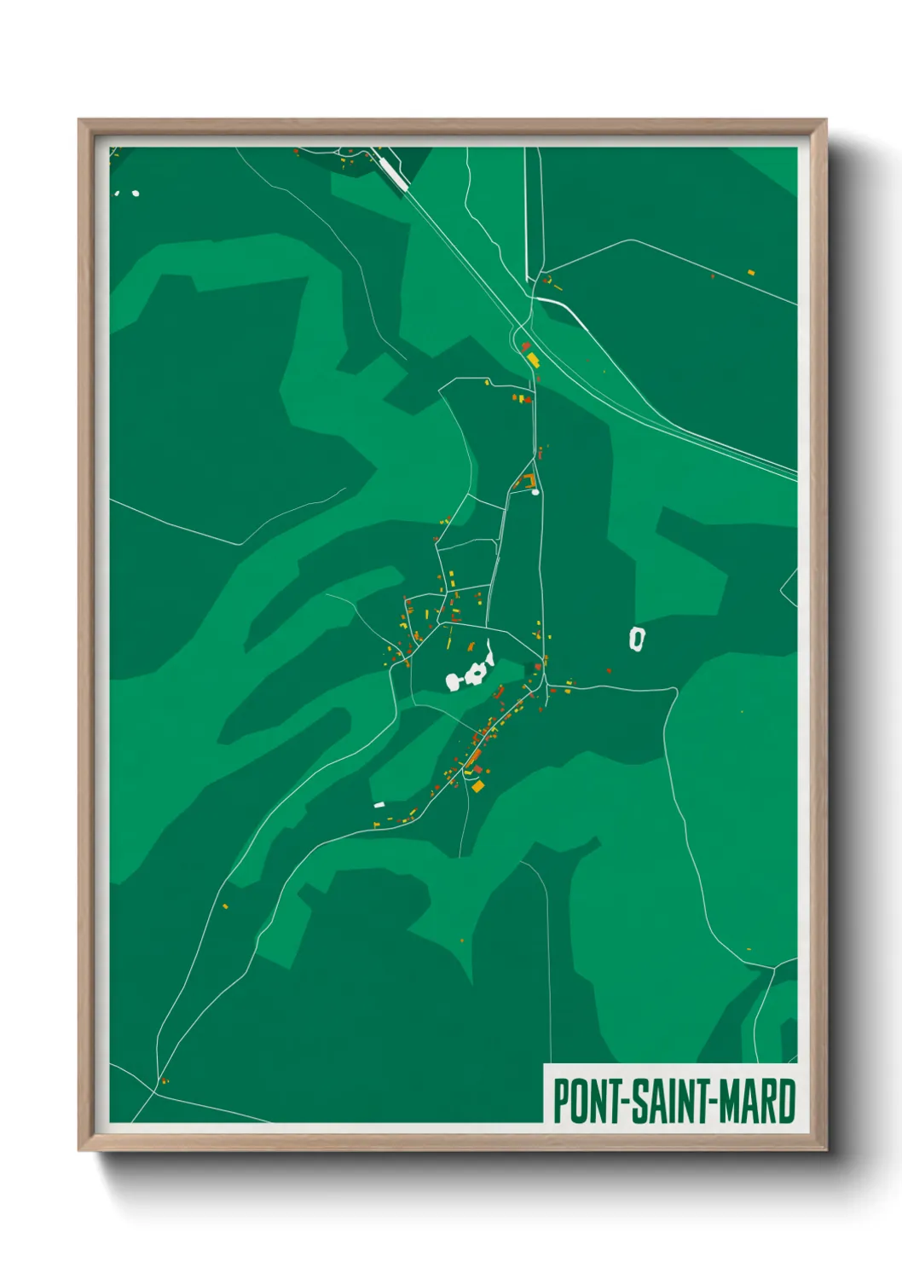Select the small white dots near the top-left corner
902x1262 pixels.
pos(128,193)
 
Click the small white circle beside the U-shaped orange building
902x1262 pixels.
pos(535,491)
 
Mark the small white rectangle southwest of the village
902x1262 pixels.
pos(379,804)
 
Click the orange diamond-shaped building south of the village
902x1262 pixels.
pos(478,785)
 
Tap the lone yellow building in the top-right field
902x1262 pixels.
pos(751,272)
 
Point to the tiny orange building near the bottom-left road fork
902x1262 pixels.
pos(165,1081)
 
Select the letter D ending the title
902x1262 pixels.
pos(786,1101)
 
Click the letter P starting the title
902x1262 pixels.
pos(562,1101)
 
